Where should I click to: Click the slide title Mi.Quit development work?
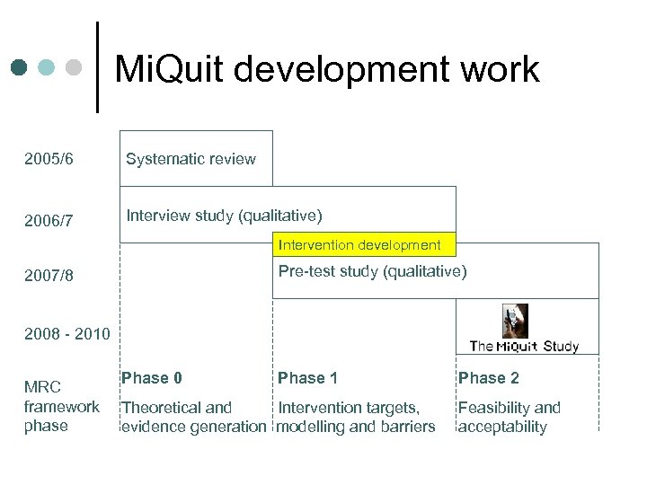(327, 69)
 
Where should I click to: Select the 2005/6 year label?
(49, 160)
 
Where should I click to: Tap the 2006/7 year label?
(49, 220)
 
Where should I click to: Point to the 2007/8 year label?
(49, 276)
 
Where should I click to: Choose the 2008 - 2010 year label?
(67, 334)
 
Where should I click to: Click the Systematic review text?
(191, 159)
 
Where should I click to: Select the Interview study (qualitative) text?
(224, 216)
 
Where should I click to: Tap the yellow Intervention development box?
(359, 244)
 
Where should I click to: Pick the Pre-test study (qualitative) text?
(372, 271)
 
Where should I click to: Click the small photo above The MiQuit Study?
(514, 321)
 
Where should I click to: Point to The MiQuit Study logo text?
(524, 346)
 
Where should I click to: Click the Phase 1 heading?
(307, 378)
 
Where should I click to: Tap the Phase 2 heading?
(488, 378)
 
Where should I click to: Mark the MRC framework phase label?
(61, 406)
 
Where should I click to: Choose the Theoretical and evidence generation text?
(193, 417)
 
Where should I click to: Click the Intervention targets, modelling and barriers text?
(356, 417)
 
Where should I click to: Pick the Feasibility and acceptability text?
(509, 417)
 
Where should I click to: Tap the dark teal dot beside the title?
(20, 67)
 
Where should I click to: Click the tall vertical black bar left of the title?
(97, 67)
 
